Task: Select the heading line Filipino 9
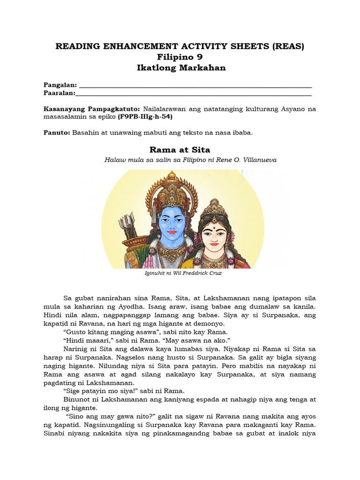(180, 57)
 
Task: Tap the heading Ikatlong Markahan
(180, 67)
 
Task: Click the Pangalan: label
(60, 85)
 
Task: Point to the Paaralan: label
(60, 93)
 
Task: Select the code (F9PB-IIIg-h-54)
(145, 116)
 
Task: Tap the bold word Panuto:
(57, 133)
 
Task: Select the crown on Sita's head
(214, 210)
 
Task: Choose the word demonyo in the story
(210, 323)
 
